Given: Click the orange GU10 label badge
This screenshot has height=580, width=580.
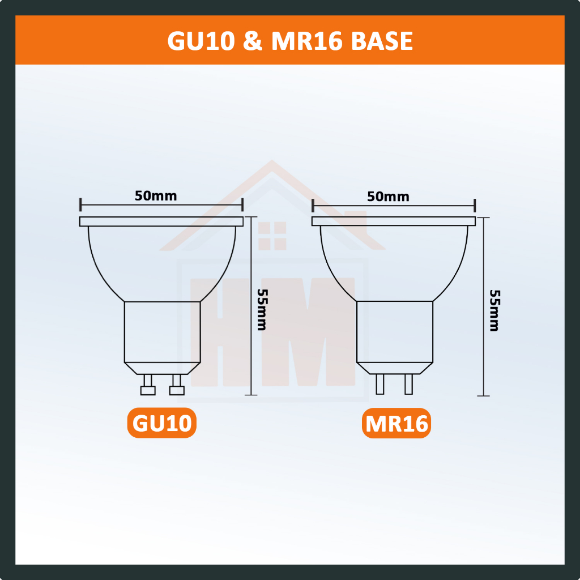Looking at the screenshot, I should click(x=161, y=423).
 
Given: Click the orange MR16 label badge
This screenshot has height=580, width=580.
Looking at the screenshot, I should click(x=396, y=424).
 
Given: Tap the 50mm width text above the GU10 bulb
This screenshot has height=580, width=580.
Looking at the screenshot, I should click(x=156, y=196).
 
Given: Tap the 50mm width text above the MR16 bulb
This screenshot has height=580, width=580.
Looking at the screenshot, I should click(x=388, y=197).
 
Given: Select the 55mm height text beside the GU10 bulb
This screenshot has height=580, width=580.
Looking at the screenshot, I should click(x=262, y=309).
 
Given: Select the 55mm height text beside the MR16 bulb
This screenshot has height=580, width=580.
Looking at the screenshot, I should click(x=494, y=310).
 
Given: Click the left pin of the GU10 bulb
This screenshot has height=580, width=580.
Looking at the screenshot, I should click(x=148, y=385).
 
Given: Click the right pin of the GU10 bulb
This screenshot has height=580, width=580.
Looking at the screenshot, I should click(x=177, y=385).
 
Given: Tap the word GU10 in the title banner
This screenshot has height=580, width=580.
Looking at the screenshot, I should click(x=201, y=41).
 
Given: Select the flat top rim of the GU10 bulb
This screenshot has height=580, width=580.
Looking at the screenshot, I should click(x=162, y=221).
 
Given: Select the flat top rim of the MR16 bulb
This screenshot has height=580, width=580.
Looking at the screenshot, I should click(x=394, y=221).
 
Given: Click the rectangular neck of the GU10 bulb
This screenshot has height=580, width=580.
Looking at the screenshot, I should click(x=162, y=331).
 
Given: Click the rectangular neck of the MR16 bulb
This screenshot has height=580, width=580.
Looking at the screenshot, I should click(x=394, y=331).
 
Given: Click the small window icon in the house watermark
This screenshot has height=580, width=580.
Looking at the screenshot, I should click(x=272, y=236).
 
